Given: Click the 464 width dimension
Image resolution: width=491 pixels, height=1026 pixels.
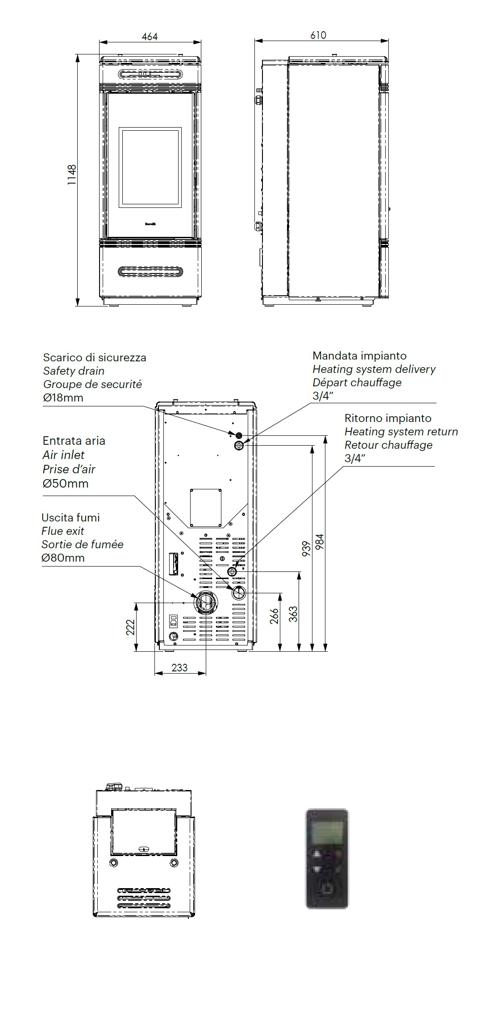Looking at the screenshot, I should coord(150,37).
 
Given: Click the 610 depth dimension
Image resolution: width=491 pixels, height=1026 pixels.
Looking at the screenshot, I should coord(318,35).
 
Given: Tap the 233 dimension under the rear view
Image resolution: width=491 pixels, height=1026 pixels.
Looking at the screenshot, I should coord(179,667).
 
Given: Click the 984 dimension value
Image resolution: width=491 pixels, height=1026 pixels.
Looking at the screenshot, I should coord(320,542).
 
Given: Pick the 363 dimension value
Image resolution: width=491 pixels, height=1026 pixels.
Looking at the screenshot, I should coord(293,614).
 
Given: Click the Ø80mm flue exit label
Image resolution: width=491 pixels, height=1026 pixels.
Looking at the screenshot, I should coord(63,558).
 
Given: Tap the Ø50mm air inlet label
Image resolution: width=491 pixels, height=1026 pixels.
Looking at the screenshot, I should coord(65,483).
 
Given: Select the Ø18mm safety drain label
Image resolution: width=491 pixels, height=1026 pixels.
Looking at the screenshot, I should coord(63,397).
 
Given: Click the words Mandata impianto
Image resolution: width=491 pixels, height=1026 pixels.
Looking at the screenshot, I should coord(359,356).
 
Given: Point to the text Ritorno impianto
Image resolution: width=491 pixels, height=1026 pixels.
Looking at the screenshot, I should coord(387,418).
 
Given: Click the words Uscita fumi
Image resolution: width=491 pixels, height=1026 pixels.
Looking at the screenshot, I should coord(71,517).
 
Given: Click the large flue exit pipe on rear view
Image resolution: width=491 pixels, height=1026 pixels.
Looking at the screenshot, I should coord(206,603).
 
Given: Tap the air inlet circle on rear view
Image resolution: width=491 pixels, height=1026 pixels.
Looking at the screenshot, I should coord(238,593).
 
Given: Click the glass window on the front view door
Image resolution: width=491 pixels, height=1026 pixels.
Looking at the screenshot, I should coord(150,168).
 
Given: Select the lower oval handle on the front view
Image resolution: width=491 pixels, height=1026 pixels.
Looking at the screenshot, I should coord(150,271).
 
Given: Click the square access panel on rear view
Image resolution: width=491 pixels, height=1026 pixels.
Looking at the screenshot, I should coord(206,508).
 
